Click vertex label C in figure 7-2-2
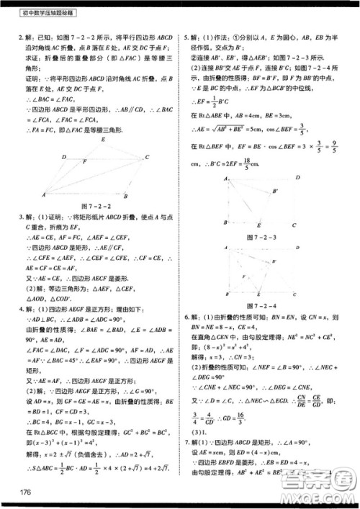click(146, 157)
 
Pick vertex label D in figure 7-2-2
click(64, 156)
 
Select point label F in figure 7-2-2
click(86, 163)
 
